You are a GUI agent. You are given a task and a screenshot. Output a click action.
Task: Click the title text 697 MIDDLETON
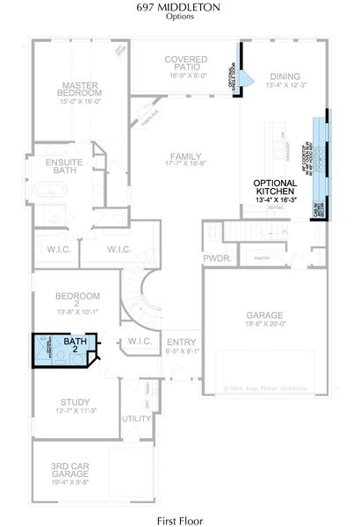[x=180, y=8]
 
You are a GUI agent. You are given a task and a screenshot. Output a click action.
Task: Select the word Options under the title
[x=180, y=17]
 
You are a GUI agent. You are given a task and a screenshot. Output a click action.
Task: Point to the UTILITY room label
[x=136, y=418]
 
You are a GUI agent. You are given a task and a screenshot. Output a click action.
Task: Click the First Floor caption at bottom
[x=180, y=519]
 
